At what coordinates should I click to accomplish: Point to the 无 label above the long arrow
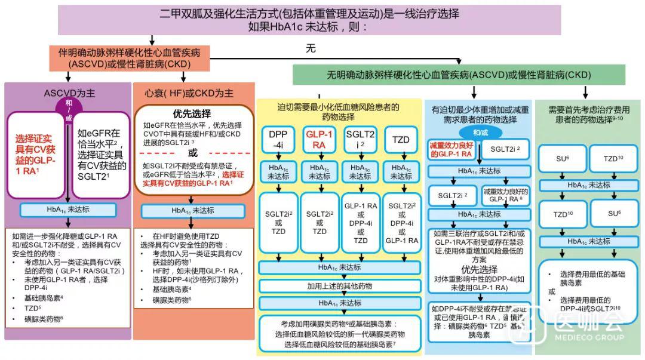pos(311,49)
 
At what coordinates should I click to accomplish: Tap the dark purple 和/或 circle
pos(67,106)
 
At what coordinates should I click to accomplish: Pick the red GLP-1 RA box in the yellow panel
pos(318,140)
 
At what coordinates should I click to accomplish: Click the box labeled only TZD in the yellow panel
pos(401,140)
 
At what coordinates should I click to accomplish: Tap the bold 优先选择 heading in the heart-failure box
pos(192,113)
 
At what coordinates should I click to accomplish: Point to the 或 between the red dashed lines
pos(192,153)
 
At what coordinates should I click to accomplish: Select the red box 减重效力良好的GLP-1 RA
pos(451,149)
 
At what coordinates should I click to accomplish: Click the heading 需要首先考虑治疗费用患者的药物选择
pos(589,113)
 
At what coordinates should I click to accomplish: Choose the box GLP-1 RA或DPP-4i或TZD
pos(360,223)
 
